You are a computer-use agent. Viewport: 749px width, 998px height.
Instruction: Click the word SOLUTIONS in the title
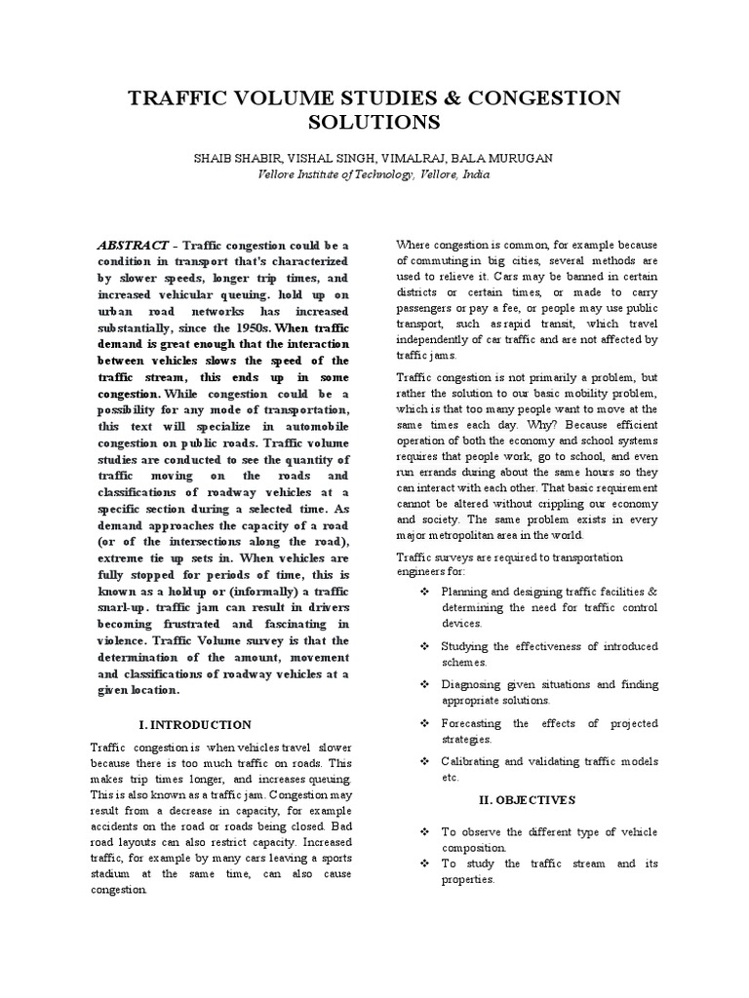coord(374,123)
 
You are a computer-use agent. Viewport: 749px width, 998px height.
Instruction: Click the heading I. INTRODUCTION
coord(195,724)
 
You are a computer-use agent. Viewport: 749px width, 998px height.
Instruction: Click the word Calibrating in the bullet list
coord(474,760)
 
